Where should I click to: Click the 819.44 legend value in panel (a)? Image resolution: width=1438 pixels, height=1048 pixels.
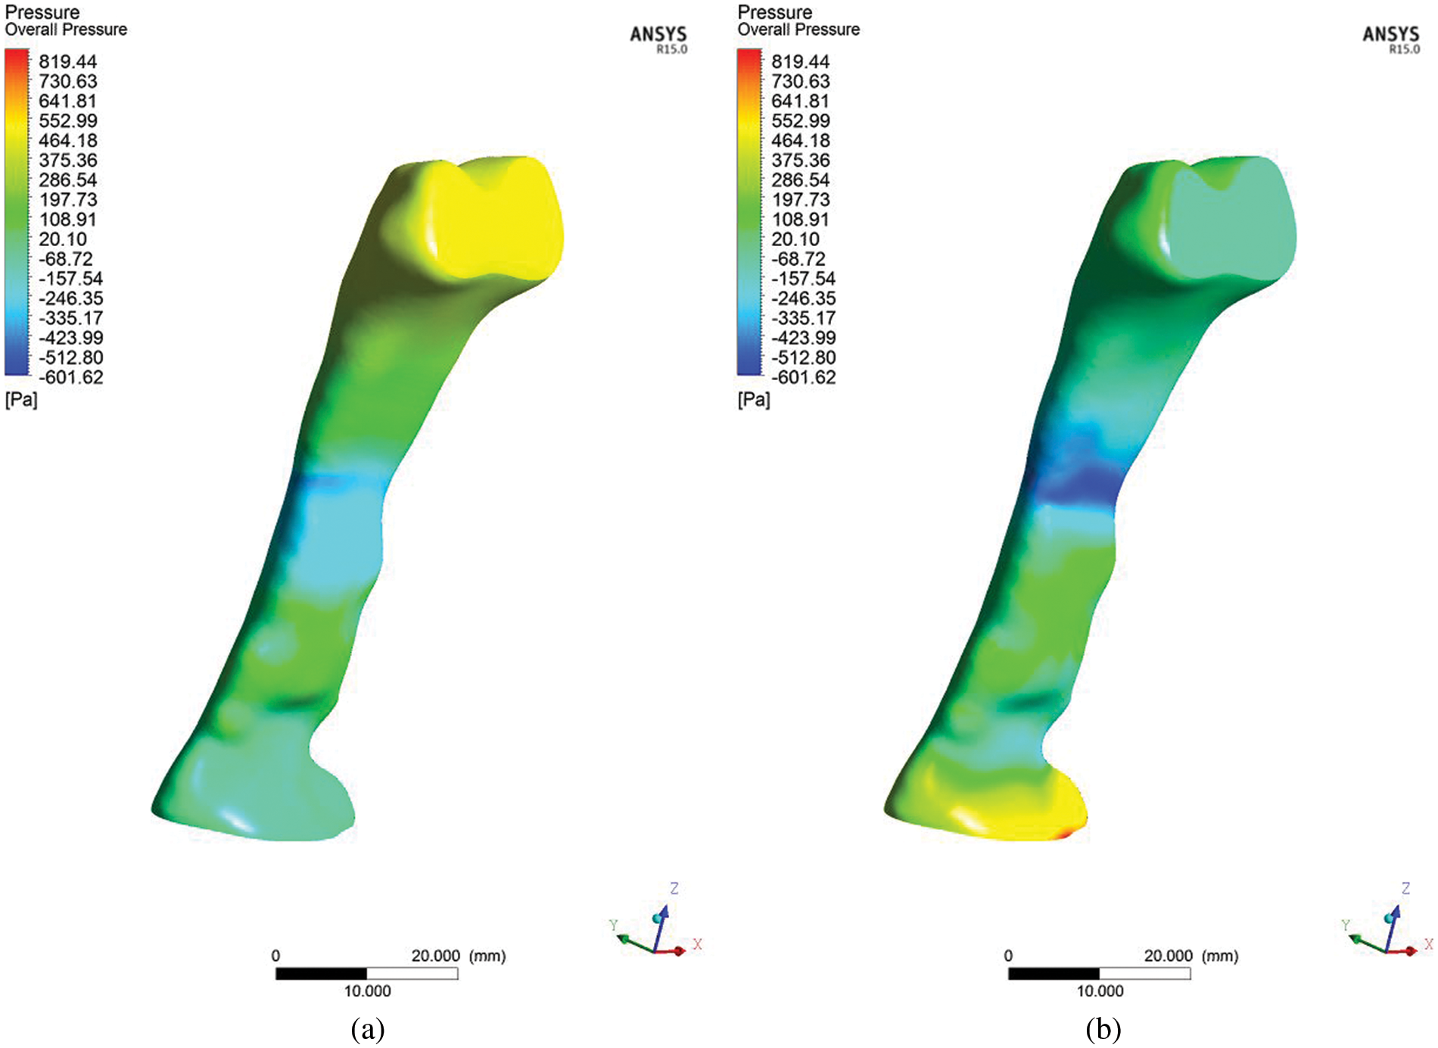(68, 61)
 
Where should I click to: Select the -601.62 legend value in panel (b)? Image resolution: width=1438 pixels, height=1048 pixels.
(804, 377)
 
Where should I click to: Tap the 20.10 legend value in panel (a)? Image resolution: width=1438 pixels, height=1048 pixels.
(63, 239)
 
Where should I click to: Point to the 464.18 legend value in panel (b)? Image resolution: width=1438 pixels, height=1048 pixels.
(801, 141)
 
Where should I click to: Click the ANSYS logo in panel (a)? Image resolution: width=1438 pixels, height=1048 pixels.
(658, 38)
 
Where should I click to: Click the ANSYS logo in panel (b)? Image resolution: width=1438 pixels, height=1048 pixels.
(1391, 38)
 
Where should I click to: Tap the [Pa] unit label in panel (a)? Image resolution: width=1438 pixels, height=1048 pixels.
(21, 400)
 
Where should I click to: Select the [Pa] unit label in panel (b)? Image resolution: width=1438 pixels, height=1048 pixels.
(754, 400)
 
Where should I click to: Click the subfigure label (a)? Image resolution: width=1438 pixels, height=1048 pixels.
(368, 1030)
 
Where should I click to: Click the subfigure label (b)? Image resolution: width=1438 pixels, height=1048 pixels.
(1103, 1030)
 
